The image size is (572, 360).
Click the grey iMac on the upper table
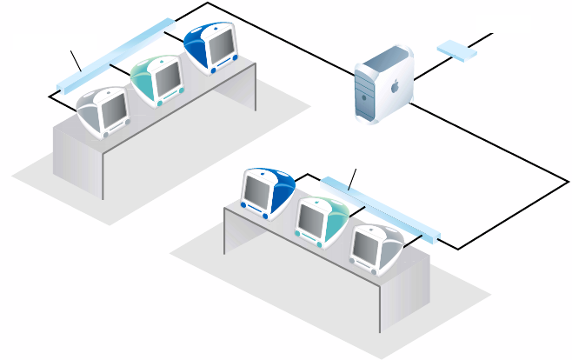tap(103, 110)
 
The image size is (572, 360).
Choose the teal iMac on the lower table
tap(320, 221)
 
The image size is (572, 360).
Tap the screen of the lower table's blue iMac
tap(258, 186)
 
